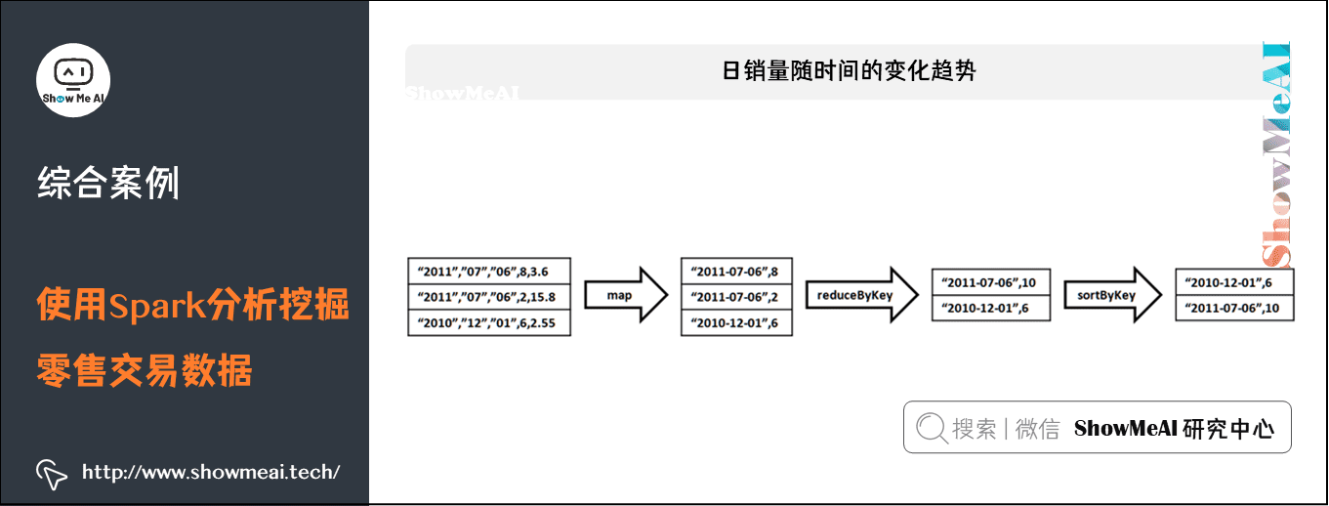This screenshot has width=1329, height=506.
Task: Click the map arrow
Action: pyautogui.click(x=626, y=296)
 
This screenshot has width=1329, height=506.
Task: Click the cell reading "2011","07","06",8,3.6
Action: pyautogui.click(x=488, y=272)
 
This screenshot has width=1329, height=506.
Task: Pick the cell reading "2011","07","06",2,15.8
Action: pyautogui.click(x=488, y=297)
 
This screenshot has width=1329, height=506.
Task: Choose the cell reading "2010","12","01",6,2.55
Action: pyautogui.click(x=488, y=323)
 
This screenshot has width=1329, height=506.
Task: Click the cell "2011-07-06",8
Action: pyautogui.click(x=735, y=272)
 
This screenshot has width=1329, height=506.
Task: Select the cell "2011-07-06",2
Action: pyautogui.click(x=735, y=297)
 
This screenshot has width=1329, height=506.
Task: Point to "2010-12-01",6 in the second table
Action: pyautogui.click(x=735, y=323)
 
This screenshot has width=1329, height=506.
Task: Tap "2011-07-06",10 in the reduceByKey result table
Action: pyautogui.click(x=990, y=282)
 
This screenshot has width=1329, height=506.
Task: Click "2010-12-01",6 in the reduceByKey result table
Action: pyautogui.click(x=990, y=308)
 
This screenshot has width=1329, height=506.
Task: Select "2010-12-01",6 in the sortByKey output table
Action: pyautogui.click(x=1234, y=282)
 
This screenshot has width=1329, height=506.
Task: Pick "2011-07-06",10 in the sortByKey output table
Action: pyautogui.click(x=1234, y=308)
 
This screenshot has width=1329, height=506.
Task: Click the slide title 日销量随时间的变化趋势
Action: pyautogui.click(x=848, y=71)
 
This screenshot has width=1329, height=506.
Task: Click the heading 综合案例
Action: pyautogui.click(x=108, y=183)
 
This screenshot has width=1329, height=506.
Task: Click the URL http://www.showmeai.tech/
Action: pyautogui.click(x=211, y=473)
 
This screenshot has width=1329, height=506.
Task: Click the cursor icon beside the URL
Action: pyautogui.click(x=52, y=473)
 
